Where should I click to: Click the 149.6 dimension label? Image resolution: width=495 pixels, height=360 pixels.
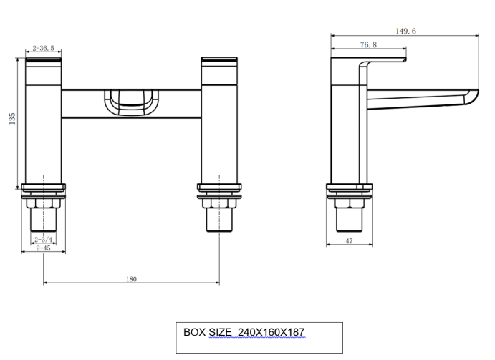click(x=406, y=31)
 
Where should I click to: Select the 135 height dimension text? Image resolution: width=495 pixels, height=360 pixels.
click(x=12, y=119)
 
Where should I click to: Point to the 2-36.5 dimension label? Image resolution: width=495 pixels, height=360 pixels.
click(x=43, y=49)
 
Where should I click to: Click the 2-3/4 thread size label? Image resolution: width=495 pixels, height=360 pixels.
click(x=43, y=239)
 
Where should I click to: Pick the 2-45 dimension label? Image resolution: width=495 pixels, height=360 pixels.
click(x=44, y=248)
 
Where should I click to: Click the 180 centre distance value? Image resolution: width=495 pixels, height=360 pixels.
click(x=131, y=279)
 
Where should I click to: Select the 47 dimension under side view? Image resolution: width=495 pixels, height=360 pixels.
click(x=349, y=241)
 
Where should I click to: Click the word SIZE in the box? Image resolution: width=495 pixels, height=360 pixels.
click(x=221, y=332)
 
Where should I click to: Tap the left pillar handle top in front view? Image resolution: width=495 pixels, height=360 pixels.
click(x=44, y=64)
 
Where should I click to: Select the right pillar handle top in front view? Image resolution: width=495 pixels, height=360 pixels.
click(x=219, y=64)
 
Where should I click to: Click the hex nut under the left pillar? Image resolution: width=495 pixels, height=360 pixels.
click(x=44, y=204)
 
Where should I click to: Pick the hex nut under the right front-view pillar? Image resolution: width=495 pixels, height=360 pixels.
click(x=219, y=204)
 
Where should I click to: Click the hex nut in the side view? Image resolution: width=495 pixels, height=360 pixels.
click(x=350, y=204)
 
